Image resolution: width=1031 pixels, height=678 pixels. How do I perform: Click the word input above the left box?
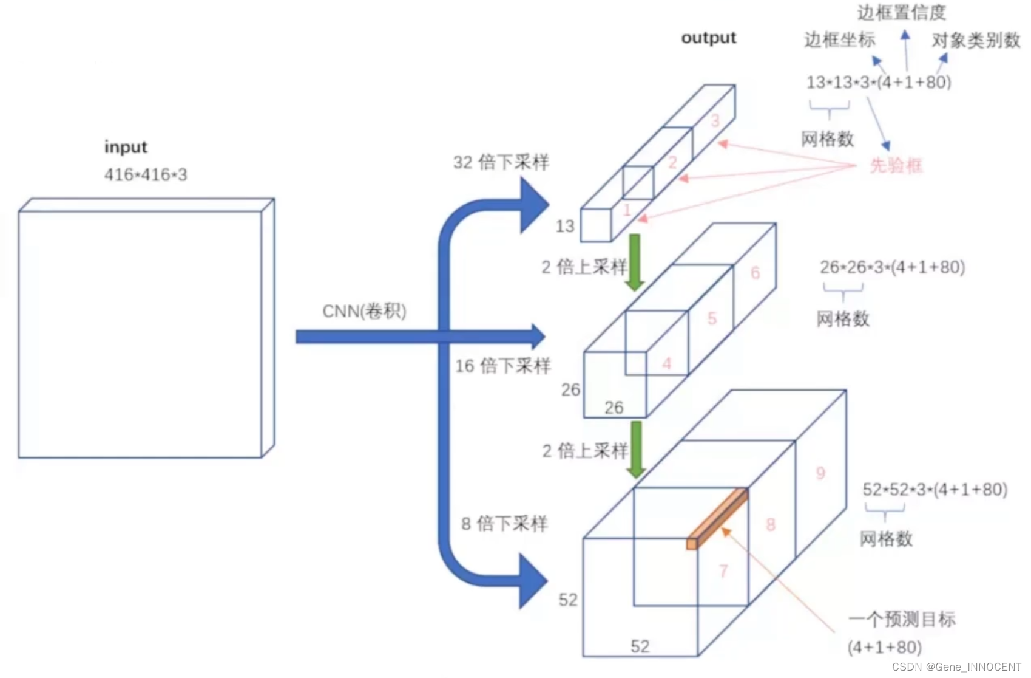click(126, 147)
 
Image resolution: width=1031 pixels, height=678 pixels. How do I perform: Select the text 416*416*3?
click(146, 175)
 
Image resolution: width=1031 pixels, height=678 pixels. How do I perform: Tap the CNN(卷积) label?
click(364, 311)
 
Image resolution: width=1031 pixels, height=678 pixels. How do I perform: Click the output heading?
click(708, 38)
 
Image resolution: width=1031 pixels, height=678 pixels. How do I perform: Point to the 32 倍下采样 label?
click(501, 162)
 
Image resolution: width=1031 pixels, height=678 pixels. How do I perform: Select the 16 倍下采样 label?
click(503, 366)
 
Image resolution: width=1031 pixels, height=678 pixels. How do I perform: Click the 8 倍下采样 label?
click(504, 524)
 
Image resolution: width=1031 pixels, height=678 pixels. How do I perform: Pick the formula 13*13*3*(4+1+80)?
click(878, 82)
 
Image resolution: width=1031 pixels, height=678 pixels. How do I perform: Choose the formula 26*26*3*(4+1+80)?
click(892, 267)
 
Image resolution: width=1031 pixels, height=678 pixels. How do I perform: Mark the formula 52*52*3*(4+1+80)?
click(935, 490)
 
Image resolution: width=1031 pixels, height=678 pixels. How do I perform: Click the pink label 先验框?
click(896, 165)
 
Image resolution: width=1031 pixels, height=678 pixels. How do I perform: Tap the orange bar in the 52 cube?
click(718, 518)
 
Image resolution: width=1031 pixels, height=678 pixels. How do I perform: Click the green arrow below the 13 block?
click(635, 261)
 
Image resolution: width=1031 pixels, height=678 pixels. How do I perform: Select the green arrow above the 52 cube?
click(636, 448)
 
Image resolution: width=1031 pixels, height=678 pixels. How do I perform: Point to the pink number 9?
click(820, 473)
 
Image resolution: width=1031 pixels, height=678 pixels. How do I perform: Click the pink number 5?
click(712, 318)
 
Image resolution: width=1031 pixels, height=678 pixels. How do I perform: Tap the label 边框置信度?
click(901, 12)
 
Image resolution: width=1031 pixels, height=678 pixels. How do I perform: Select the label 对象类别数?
click(976, 41)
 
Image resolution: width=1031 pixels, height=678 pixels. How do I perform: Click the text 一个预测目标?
click(901, 619)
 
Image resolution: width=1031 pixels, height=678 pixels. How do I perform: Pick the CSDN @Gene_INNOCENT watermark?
click(956, 667)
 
